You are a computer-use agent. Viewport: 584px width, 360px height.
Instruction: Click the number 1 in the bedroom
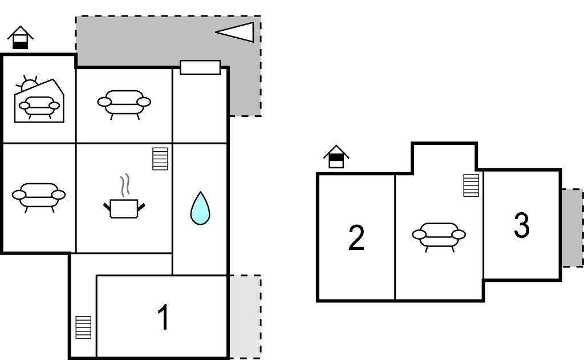164,317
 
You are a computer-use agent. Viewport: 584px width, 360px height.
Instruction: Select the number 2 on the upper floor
356,238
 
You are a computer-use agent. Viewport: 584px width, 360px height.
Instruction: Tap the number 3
521,225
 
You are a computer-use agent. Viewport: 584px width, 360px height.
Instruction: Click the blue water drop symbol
200,208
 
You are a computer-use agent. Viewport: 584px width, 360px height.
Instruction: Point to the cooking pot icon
124,208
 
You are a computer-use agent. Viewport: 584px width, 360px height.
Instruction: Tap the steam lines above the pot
125,185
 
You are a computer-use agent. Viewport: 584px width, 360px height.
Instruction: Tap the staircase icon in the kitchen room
160,159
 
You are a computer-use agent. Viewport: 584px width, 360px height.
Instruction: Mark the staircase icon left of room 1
83,327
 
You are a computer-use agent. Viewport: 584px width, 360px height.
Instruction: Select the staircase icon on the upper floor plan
471,185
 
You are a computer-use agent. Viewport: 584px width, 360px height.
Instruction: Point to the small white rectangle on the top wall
200,67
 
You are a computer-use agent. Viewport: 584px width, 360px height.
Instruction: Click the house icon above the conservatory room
21,38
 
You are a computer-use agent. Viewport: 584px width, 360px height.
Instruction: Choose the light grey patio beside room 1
245,317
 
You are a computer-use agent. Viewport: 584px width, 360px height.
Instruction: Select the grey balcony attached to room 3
572,228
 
